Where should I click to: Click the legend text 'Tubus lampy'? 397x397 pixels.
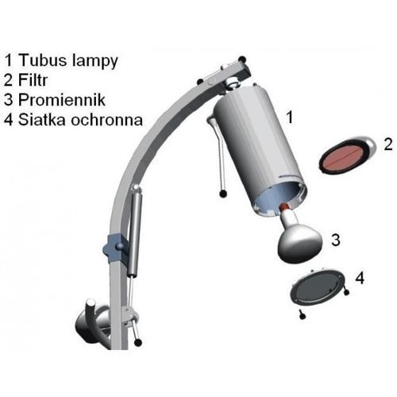[x=68, y=61]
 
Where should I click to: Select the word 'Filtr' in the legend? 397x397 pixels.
[x=33, y=80]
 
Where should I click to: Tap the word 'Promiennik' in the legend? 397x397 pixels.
[x=62, y=100]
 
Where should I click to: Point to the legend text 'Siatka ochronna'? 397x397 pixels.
[x=80, y=120]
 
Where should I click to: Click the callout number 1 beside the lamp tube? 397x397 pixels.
[x=290, y=117]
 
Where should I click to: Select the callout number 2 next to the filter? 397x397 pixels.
[x=388, y=145]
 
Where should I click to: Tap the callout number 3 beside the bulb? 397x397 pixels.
[x=336, y=240]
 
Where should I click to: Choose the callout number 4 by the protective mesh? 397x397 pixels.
[x=360, y=278]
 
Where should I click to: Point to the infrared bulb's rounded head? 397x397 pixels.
[x=300, y=245]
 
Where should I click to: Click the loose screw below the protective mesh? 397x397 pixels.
[x=303, y=314]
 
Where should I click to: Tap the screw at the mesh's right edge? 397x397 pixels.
[x=345, y=291]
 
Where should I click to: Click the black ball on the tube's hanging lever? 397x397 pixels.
[x=223, y=194]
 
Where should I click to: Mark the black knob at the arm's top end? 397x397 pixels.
[x=242, y=60]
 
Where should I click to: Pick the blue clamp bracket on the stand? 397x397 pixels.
[x=114, y=247]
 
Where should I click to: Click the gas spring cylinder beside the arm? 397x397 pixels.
[x=135, y=231]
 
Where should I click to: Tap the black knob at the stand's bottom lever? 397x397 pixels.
[x=137, y=342]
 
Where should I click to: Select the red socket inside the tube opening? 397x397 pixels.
[x=284, y=206]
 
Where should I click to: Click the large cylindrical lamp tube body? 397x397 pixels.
[x=259, y=148]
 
